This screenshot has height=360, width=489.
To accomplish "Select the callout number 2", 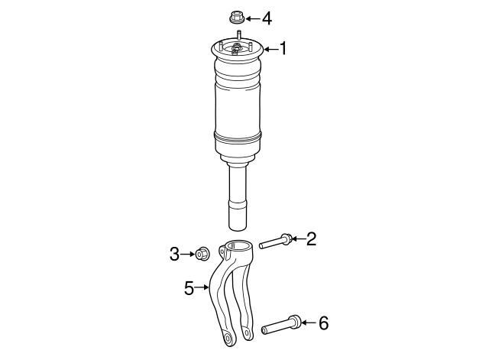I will [311, 239].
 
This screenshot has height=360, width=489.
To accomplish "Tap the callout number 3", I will [174, 253].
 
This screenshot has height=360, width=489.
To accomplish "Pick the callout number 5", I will [189, 287].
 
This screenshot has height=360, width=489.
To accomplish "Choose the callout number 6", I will [323, 323].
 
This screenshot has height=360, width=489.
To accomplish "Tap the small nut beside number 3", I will [202, 252].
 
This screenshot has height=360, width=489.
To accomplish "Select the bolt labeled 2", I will [276, 243].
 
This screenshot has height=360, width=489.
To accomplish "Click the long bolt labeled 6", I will [282, 326].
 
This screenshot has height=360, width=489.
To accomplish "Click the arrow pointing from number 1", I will [270, 50].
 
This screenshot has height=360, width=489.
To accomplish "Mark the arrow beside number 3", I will [188, 253].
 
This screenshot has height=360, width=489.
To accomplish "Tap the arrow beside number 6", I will [308, 323].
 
